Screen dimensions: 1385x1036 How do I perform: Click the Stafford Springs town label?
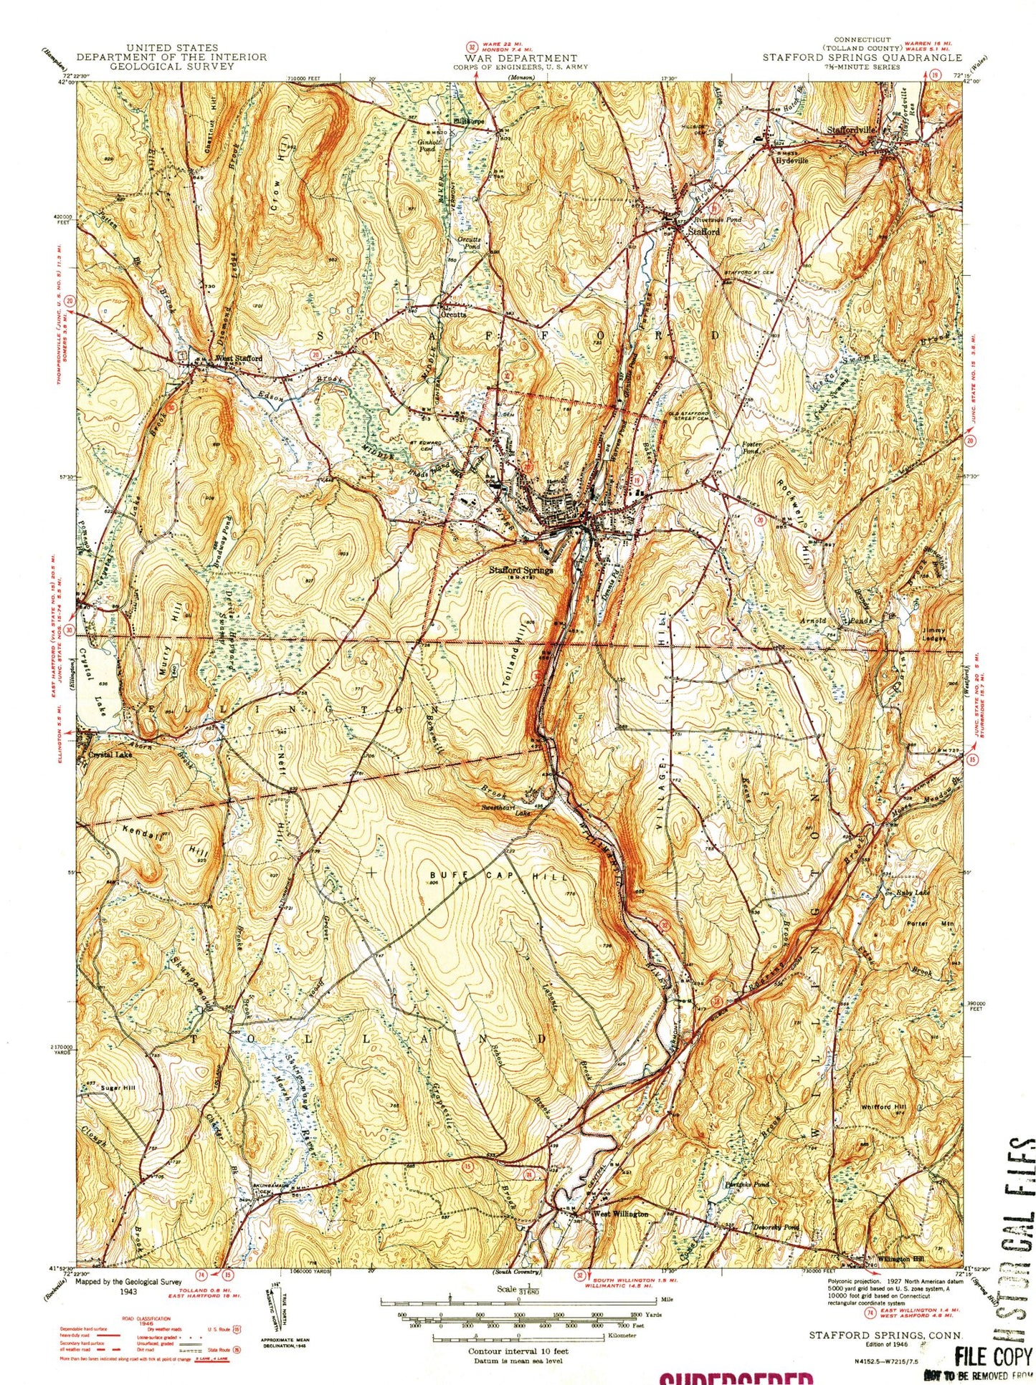[521, 570]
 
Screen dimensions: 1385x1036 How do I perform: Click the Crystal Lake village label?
[110, 754]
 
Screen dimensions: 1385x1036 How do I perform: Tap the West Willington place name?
[620, 1214]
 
